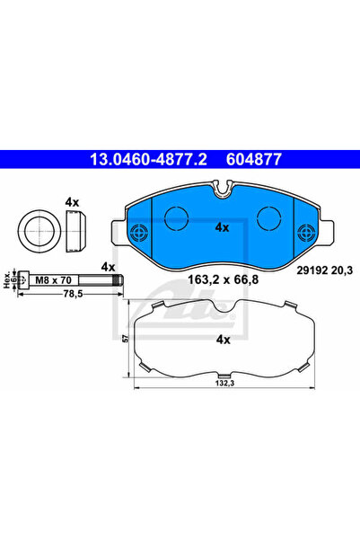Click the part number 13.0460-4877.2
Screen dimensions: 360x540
[x=148, y=159]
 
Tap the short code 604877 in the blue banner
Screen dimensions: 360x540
[x=254, y=159]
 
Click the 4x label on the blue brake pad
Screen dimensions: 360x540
[x=222, y=227]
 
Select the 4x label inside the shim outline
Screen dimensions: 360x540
[x=223, y=340]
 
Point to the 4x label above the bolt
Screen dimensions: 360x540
[x=108, y=267]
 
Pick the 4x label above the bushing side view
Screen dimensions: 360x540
[x=73, y=202]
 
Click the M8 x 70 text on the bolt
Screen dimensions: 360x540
[x=53, y=280]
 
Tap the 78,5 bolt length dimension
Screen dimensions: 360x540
[x=71, y=294]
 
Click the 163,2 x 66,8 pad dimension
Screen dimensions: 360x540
[x=223, y=279]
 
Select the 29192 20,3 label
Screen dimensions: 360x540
[x=325, y=270]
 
